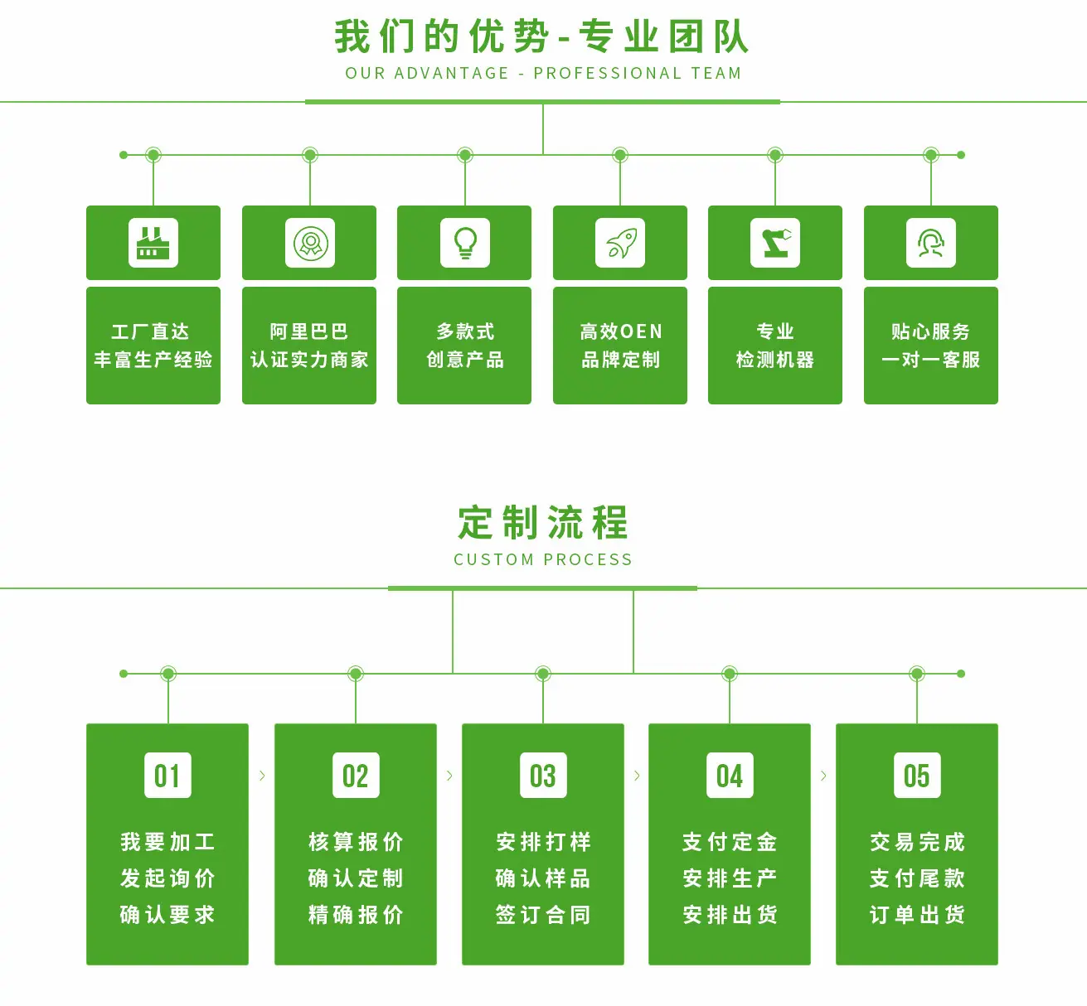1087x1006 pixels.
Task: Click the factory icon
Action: [x=153, y=243]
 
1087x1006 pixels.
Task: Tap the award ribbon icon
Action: [x=310, y=243]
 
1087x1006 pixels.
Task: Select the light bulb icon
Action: [x=465, y=243]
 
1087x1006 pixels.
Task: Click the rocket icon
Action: [x=620, y=243]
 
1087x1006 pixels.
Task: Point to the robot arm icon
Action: [x=775, y=243]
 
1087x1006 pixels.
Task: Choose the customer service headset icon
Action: [x=931, y=243]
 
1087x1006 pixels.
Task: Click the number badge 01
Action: [x=168, y=775]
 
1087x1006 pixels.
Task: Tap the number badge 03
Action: [x=543, y=775]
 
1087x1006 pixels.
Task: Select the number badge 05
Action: [x=917, y=775]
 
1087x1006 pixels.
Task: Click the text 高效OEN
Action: [x=621, y=331]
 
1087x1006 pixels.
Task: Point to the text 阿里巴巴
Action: [x=309, y=331]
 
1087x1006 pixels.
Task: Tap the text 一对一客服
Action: [x=931, y=360]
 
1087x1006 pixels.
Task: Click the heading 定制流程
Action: [x=543, y=523]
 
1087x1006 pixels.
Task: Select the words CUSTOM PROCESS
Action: [x=543, y=559]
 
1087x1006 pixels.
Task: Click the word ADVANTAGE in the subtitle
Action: [x=452, y=73]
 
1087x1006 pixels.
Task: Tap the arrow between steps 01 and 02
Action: [x=262, y=775]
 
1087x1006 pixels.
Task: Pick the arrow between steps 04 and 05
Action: [x=823, y=775]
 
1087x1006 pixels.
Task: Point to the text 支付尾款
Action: [x=917, y=878]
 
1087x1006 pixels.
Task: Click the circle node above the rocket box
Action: [x=620, y=155]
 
